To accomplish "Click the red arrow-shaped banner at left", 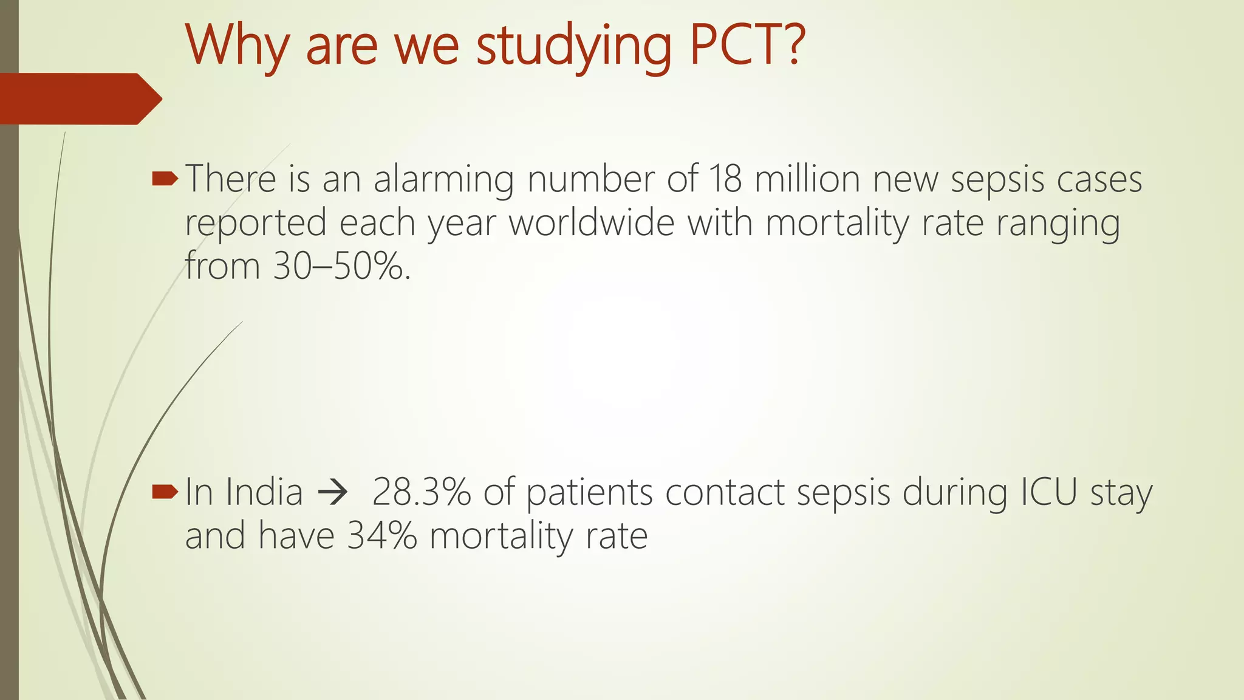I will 79,98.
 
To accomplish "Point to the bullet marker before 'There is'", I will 165,179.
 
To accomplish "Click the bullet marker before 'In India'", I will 165,492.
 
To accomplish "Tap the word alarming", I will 443,181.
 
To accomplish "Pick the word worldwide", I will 591,223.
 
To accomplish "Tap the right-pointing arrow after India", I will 333,493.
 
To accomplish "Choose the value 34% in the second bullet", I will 382,536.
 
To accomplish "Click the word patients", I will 589,493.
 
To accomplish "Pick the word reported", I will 256,224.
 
